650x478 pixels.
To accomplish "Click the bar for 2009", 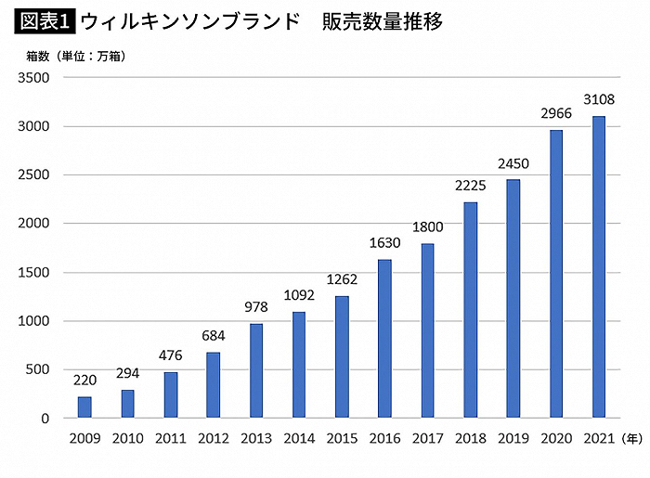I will [x=84, y=407].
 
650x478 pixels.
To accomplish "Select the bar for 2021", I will [x=599, y=267].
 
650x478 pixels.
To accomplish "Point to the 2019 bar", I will [x=513, y=299].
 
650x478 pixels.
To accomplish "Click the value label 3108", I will [x=599, y=98].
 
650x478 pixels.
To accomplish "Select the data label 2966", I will [x=556, y=112].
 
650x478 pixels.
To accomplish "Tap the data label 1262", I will [x=342, y=278].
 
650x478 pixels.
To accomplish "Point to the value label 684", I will [x=214, y=335].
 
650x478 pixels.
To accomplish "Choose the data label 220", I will [x=84, y=380].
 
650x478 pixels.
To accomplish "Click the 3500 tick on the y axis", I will [x=33, y=78].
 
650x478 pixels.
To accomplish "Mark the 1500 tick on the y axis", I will [x=33, y=273].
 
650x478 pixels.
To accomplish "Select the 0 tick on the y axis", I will [x=45, y=419].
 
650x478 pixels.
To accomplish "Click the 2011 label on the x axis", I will [x=171, y=437].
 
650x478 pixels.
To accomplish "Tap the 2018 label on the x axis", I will [x=470, y=437].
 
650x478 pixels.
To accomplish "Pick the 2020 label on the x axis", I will [x=556, y=437].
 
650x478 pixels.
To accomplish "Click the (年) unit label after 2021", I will [x=631, y=437].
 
